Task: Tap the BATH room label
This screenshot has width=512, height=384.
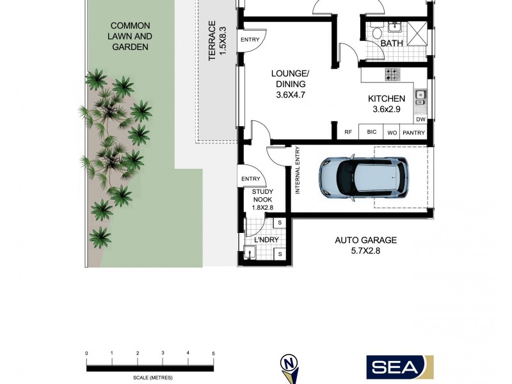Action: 391,44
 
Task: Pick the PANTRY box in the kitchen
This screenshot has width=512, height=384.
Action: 414,132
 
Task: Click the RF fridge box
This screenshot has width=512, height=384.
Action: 348,132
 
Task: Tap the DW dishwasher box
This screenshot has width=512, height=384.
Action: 420,120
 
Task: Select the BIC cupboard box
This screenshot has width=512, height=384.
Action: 371,132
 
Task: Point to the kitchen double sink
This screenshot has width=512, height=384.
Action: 420,97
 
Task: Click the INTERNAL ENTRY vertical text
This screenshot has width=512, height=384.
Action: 297,170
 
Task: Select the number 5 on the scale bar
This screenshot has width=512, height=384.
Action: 213,354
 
